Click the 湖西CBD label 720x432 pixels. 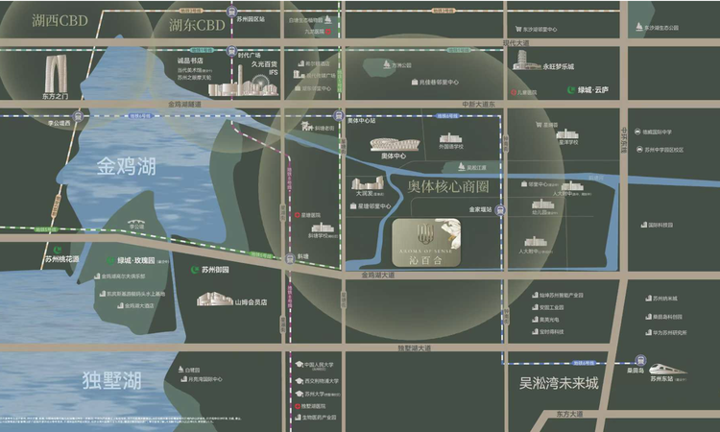click(x=60, y=19)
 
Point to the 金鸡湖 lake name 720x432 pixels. click(x=126, y=167)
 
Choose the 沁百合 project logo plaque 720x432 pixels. click(x=426, y=242)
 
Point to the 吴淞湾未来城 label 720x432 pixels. click(x=559, y=384)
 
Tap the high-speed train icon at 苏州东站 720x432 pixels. click(x=662, y=369)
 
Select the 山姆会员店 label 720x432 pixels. click(x=250, y=301)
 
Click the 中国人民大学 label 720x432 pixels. click(x=323, y=366)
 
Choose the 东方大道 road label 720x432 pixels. click(x=568, y=414)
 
